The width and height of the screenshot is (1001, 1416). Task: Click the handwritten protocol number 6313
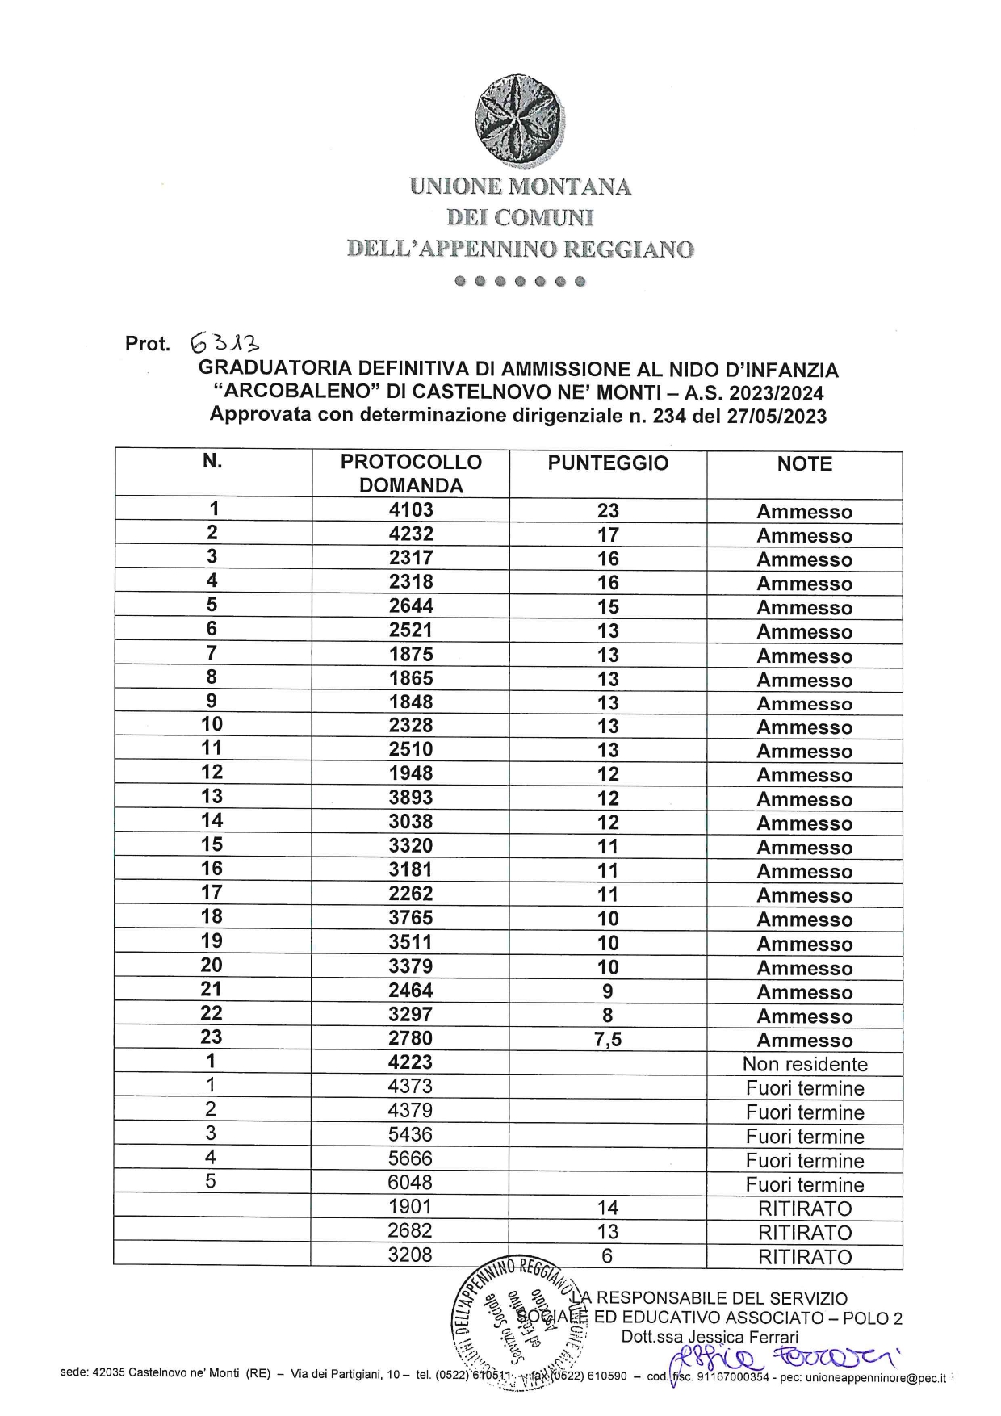(x=225, y=344)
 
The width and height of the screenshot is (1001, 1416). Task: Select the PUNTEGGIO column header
(x=608, y=463)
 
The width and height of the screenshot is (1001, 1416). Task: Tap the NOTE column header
(x=804, y=464)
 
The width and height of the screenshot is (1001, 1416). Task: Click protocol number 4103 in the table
(x=411, y=510)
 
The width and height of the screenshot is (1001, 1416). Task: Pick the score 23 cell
(x=608, y=511)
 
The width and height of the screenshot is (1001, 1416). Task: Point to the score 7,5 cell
(x=608, y=1040)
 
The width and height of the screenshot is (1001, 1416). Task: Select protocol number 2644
(x=411, y=606)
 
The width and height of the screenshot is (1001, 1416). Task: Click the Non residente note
(x=805, y=1064)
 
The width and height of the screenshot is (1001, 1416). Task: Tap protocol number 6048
(x=410, y=1183)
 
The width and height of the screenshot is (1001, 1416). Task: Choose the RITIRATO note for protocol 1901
(x=805, y=1209)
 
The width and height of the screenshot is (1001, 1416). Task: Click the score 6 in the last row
(x=607, y=1256)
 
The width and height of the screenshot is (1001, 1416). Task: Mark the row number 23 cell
(x=212, y=1037)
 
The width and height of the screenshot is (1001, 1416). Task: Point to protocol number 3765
(x=411, y=918)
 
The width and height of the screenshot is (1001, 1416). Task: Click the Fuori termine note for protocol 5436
(x=805, y=1137)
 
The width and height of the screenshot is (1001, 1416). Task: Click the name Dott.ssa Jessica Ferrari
(x=709, y=1337)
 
